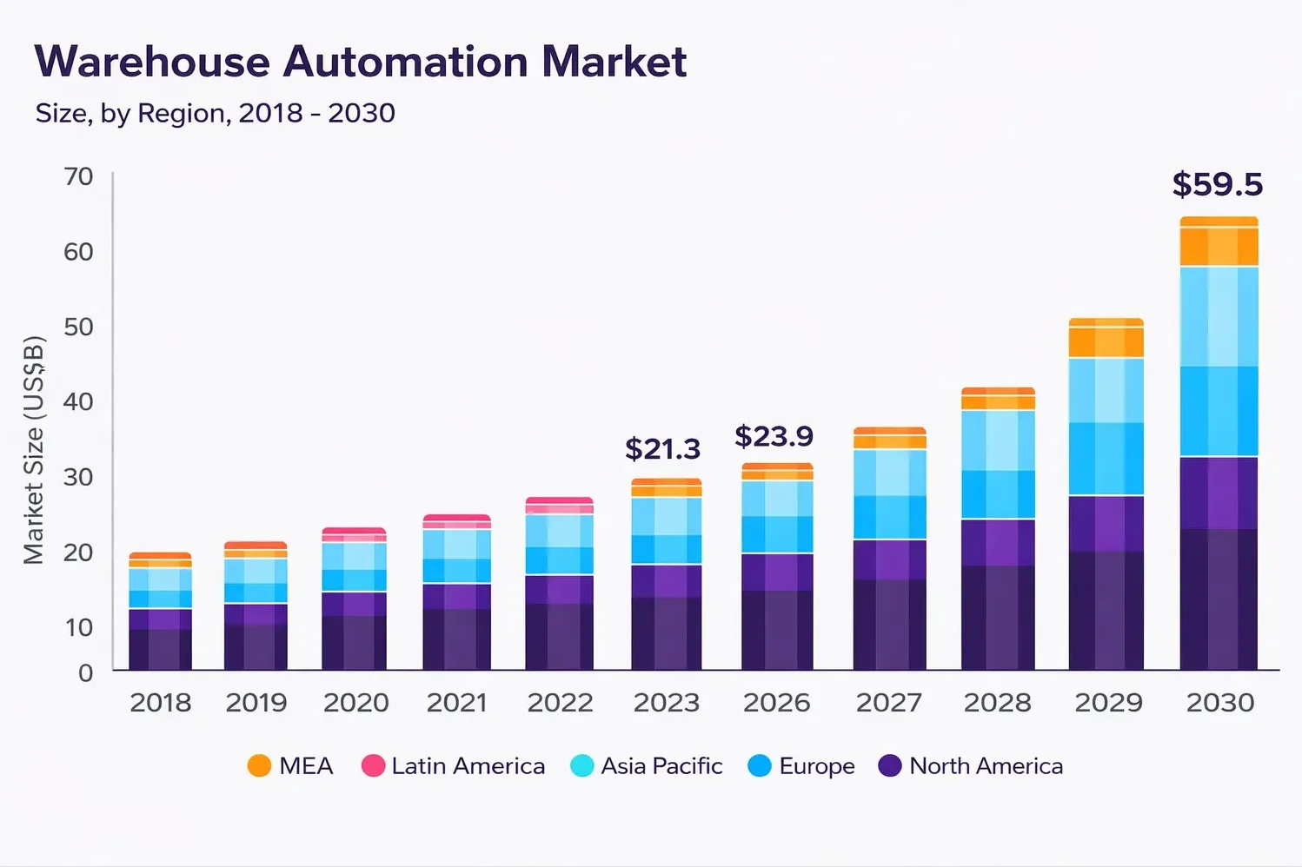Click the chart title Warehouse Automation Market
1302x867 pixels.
(x=361, y=63)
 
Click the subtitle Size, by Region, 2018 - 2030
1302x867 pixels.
(x=215, y=113)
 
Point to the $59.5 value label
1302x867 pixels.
(x=1217, y=184)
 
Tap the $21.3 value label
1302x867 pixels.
(x=662, y=449)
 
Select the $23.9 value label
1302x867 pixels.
(x=774, y=436)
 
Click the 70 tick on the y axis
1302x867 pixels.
(x=79, y=177)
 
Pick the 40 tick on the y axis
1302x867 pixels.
(x=79, y=401)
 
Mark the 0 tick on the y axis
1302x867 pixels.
(x=85, y=673)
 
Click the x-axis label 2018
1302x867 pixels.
(x=161, y=703)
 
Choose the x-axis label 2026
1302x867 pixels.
(x=776, y=703)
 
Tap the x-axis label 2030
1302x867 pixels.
(x=1220, y=703)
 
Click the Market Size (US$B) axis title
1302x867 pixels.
(x=34, y=449)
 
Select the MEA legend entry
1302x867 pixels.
(x=290, y=766)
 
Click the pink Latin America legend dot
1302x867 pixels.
(x=373, y=766)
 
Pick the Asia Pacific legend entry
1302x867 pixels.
(x=647, y=766)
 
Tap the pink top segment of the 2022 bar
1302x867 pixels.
(x=560, y=505)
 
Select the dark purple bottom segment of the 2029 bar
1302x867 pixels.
(x=1106, y=610)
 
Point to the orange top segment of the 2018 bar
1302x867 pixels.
(x=160, y=559)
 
